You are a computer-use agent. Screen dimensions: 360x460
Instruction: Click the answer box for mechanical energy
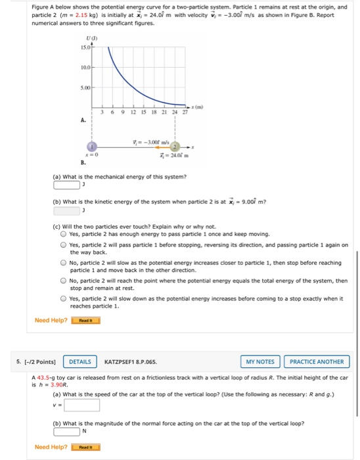(x=64, y=183)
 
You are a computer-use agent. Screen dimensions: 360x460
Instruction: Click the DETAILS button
(x=80, y=361)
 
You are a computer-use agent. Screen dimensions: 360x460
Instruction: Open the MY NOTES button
(x=260, y=361)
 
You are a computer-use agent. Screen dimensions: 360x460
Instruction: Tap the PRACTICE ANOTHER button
(x=317, y=361)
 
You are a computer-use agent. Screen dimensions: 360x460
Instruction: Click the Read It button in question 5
(x=85, y=448)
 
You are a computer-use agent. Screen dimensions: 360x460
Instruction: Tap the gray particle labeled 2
(x=176, y=147)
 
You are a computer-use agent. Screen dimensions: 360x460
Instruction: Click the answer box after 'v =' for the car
(x=82, y=405)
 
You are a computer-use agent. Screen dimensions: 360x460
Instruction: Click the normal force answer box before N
(x=66, y=431)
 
